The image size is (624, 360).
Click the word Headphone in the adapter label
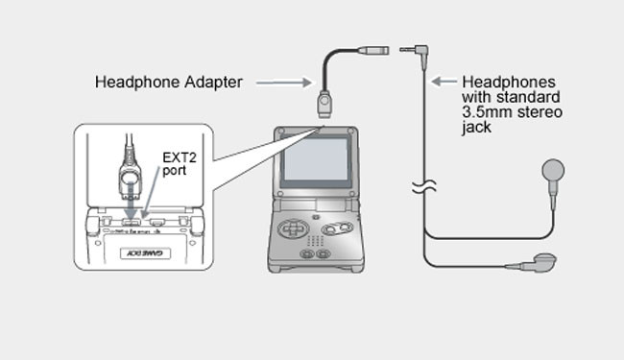[x=137, y=83]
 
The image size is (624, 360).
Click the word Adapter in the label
[x=213, y=83]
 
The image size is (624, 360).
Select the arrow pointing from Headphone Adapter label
[x=284, y=83]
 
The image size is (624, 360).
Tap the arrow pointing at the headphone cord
[x=444, y=82]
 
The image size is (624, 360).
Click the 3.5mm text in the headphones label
[x=487, y=111]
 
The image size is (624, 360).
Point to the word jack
[x=477, y=128]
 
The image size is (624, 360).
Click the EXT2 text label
[x=180, y=157]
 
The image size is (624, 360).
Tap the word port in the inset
[x=175, y=171]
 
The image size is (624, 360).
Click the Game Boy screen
[x=316, y=160]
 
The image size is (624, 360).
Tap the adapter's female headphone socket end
[x=372, y=50]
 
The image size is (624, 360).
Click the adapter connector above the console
[x=324, y=105]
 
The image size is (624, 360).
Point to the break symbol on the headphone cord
[x=424, y=186]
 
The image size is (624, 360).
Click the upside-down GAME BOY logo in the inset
[x=145, y=253]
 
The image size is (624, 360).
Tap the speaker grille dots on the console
[x=315, y=240]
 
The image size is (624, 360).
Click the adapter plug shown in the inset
[x=131, y=179]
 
